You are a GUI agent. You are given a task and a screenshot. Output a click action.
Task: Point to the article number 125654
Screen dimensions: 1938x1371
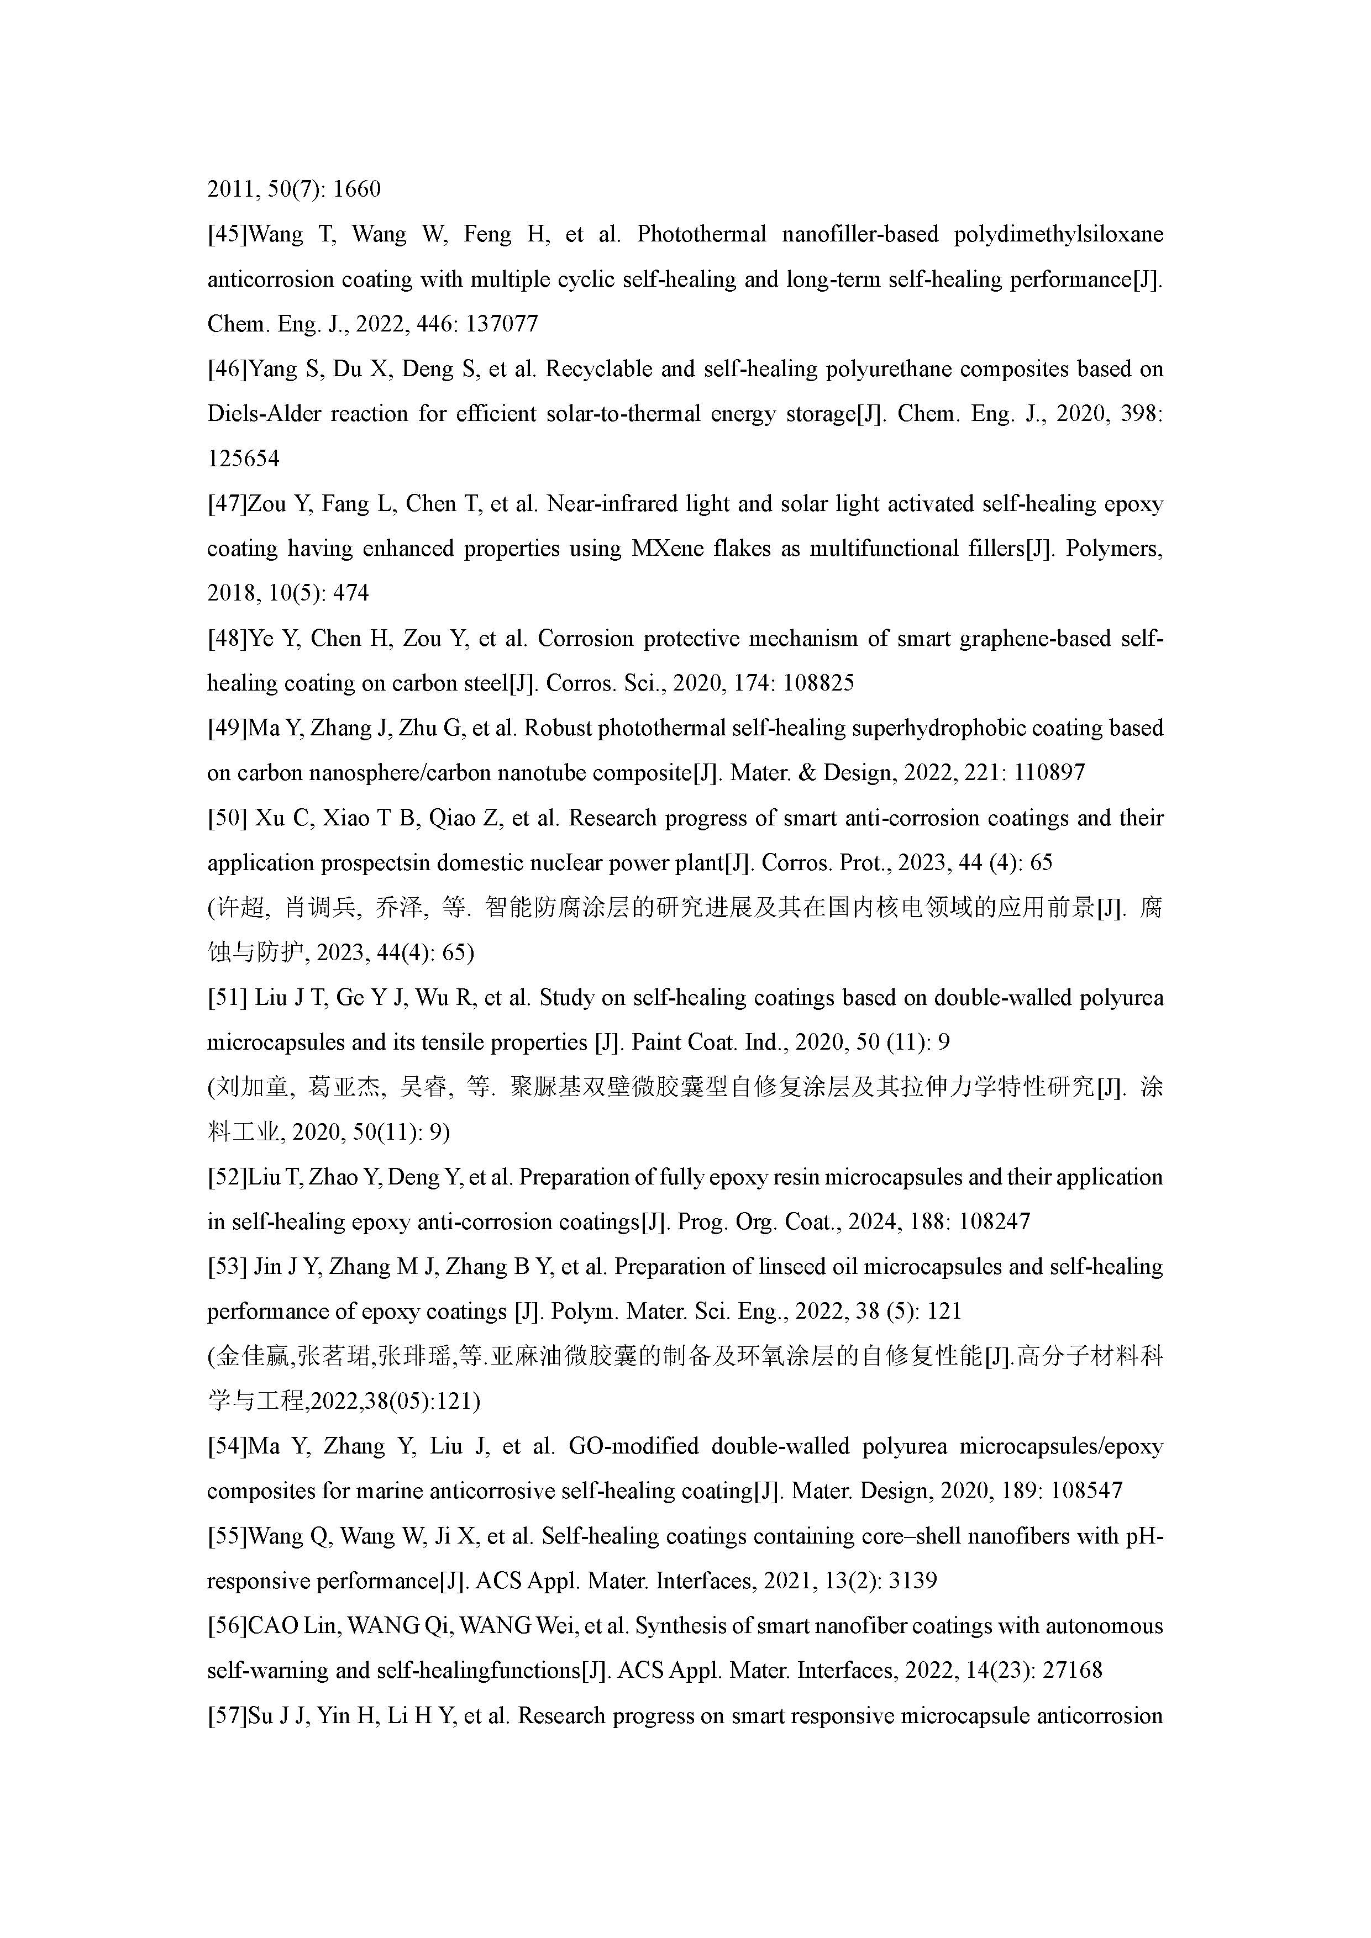click(243, 459)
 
